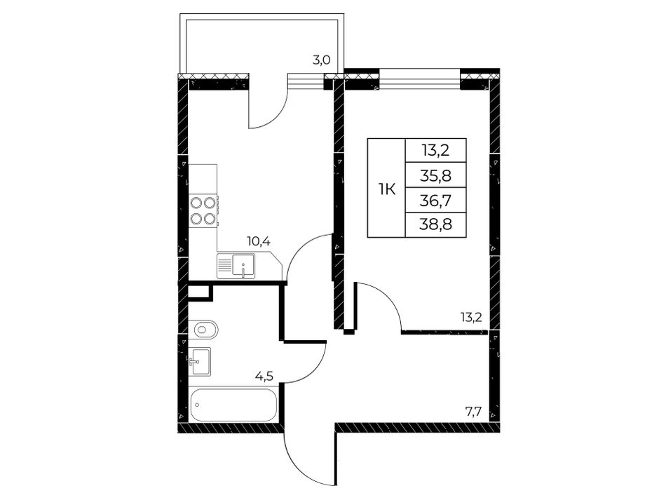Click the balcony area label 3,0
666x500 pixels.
(322, 60)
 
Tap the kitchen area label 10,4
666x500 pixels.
(259, 242)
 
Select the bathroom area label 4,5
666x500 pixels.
(264, 376)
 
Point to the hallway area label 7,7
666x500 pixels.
(473, 412)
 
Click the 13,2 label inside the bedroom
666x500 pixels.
(471, 317)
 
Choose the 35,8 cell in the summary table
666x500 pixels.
(436, 175)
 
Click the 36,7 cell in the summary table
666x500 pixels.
(436, 200)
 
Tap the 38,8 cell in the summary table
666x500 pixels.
(436, 224)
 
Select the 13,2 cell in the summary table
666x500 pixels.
(436, 150)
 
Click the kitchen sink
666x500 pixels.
(236, 266)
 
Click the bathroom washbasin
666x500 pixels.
(200, 362)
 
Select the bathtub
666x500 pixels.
(234, 405)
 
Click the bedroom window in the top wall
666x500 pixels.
(420, 79)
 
